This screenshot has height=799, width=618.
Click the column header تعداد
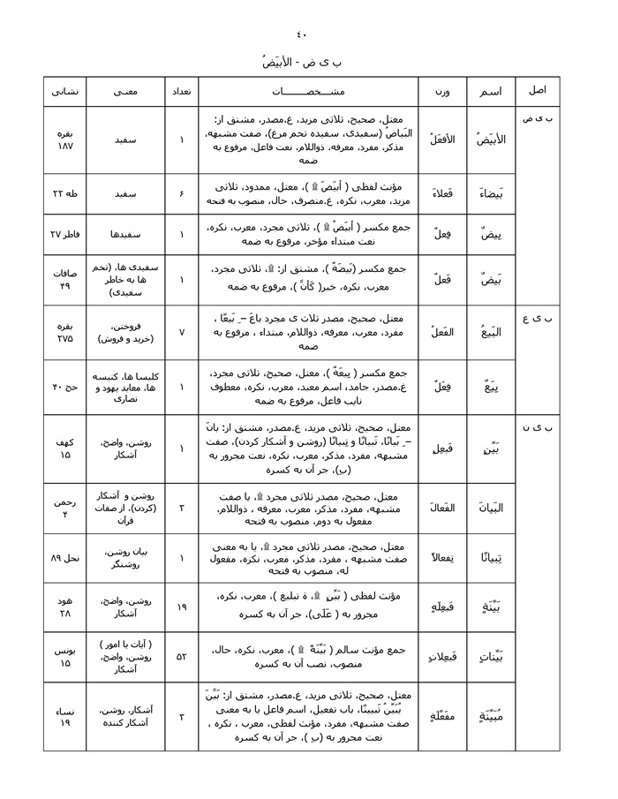(x=181, y=92)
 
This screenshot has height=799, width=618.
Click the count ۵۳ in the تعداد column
(x=181, y=657)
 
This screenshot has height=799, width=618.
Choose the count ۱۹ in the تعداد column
(x=181, y=607)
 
